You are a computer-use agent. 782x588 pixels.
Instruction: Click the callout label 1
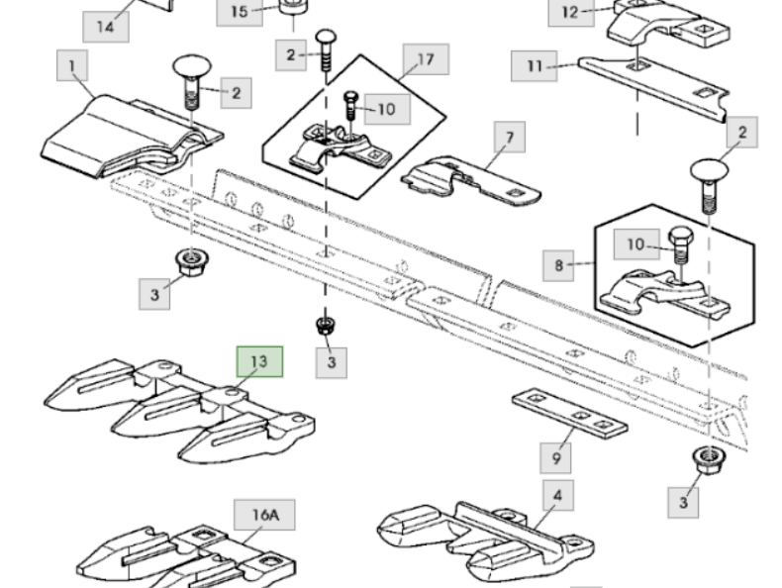pyautogui.click(x=71, y=68)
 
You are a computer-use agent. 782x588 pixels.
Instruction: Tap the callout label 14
pyautogui.click(x=104, y=25)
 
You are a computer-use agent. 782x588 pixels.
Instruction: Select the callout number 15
pyautogui.click(x=240, y=13)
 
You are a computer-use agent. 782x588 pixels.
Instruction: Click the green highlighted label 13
pyautogui.click(x=258, y=362)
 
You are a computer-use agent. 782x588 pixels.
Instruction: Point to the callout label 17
pyautogui.click(x=425, y=60)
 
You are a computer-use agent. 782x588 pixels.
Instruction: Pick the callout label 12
pyautogui.click(x=569, y=13)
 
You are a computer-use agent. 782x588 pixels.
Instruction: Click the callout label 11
pyautogui.click(x=535, y=67)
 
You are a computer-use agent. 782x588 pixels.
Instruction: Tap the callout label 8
pyautogui.click(x=558, y=265)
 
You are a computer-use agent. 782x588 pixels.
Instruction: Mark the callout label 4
pyautogui.click(x=556, y=495)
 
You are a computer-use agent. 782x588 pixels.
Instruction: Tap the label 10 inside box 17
pyautogui.click(x=386, y=109)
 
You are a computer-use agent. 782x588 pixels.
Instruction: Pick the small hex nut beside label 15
pyautogui.click(x=291, y=14)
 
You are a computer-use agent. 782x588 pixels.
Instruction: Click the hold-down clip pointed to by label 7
pyautogui.click(x=465, y=179)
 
